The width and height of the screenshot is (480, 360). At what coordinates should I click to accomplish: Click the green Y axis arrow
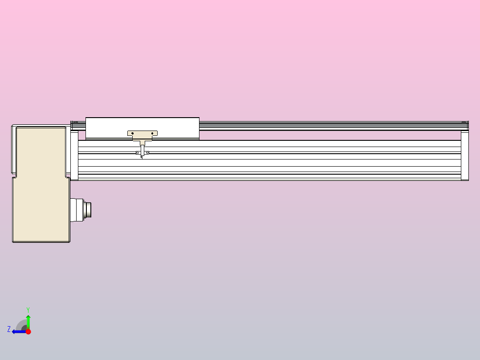[x=28, y=322]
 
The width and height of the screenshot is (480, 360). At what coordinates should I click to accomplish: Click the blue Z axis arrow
[x=19, y=331]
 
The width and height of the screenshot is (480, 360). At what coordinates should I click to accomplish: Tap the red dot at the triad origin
[x=28, y=331]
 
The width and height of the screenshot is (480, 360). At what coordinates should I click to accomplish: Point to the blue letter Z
[x=9, y=329]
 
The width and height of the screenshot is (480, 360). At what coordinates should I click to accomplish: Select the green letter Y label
[x=28, y=310]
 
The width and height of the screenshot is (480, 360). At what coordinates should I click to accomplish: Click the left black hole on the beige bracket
[x=133, y=133]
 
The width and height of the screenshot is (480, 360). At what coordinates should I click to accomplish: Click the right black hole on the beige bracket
[x=152, y=133]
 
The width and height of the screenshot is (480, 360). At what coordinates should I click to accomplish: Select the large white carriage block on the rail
[x=142, y=128]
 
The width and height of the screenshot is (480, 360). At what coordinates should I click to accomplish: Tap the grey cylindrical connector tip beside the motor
[x=88, y=210]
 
